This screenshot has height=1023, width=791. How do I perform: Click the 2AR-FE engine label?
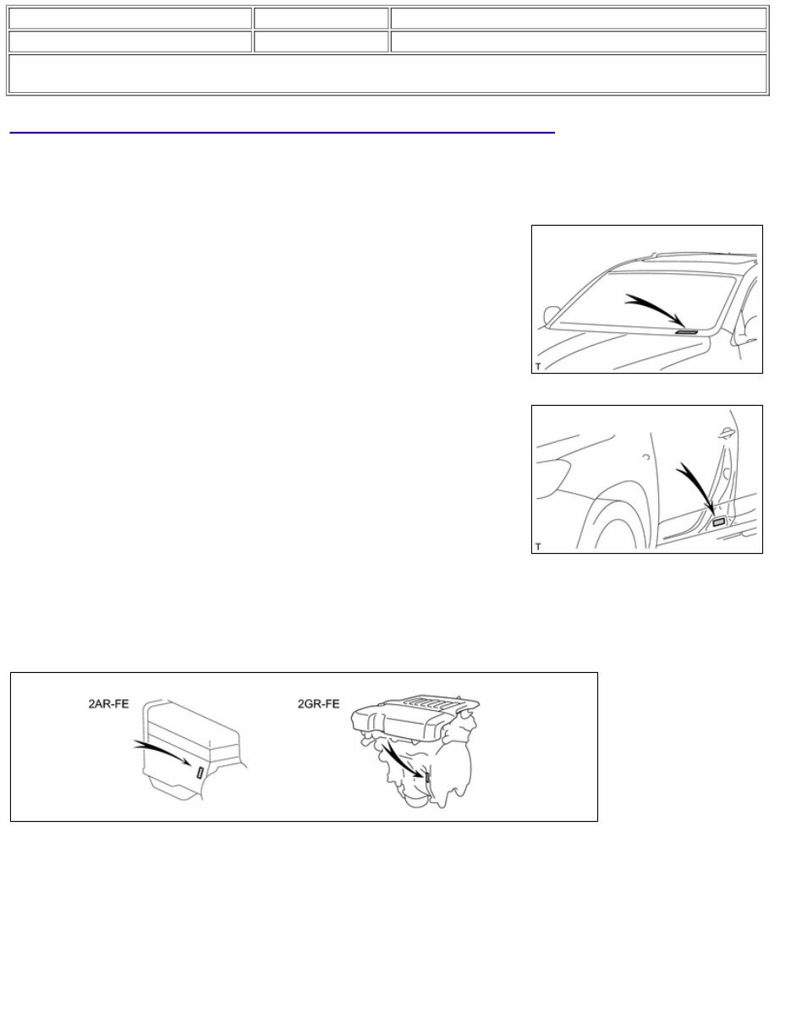[x=109, y=703]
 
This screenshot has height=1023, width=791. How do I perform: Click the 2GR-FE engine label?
[x=318, y=703]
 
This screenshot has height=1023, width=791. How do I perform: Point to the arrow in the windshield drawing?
[x=654, y=308]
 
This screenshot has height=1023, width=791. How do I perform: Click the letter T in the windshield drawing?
[x=538, y=366]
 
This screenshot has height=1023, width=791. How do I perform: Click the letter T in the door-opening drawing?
[x=538, y=547]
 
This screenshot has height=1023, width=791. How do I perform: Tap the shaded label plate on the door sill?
[x=719, y=523]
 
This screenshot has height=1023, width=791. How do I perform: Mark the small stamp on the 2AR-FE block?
[x=199, y=771]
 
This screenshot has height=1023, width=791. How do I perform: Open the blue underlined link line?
[x=282, y=132]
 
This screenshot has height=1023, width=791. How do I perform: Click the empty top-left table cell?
[x=130, y=19]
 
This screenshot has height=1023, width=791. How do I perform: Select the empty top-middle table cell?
[x=321, y=19]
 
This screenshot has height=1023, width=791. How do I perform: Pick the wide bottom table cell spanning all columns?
[x=387, y=74]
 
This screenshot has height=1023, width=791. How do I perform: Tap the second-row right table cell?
[x=579, y=41]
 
